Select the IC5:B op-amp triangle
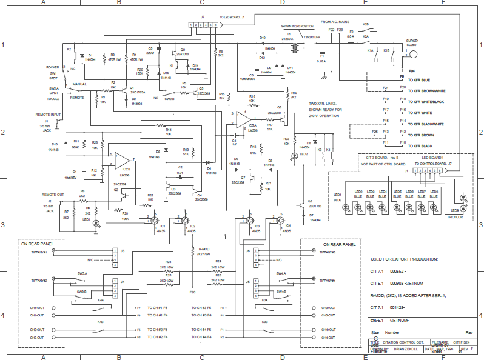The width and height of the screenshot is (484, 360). [121, 159]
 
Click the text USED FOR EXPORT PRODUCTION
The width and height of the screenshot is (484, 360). [403, 259]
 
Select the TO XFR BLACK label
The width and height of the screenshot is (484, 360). [420, 146]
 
